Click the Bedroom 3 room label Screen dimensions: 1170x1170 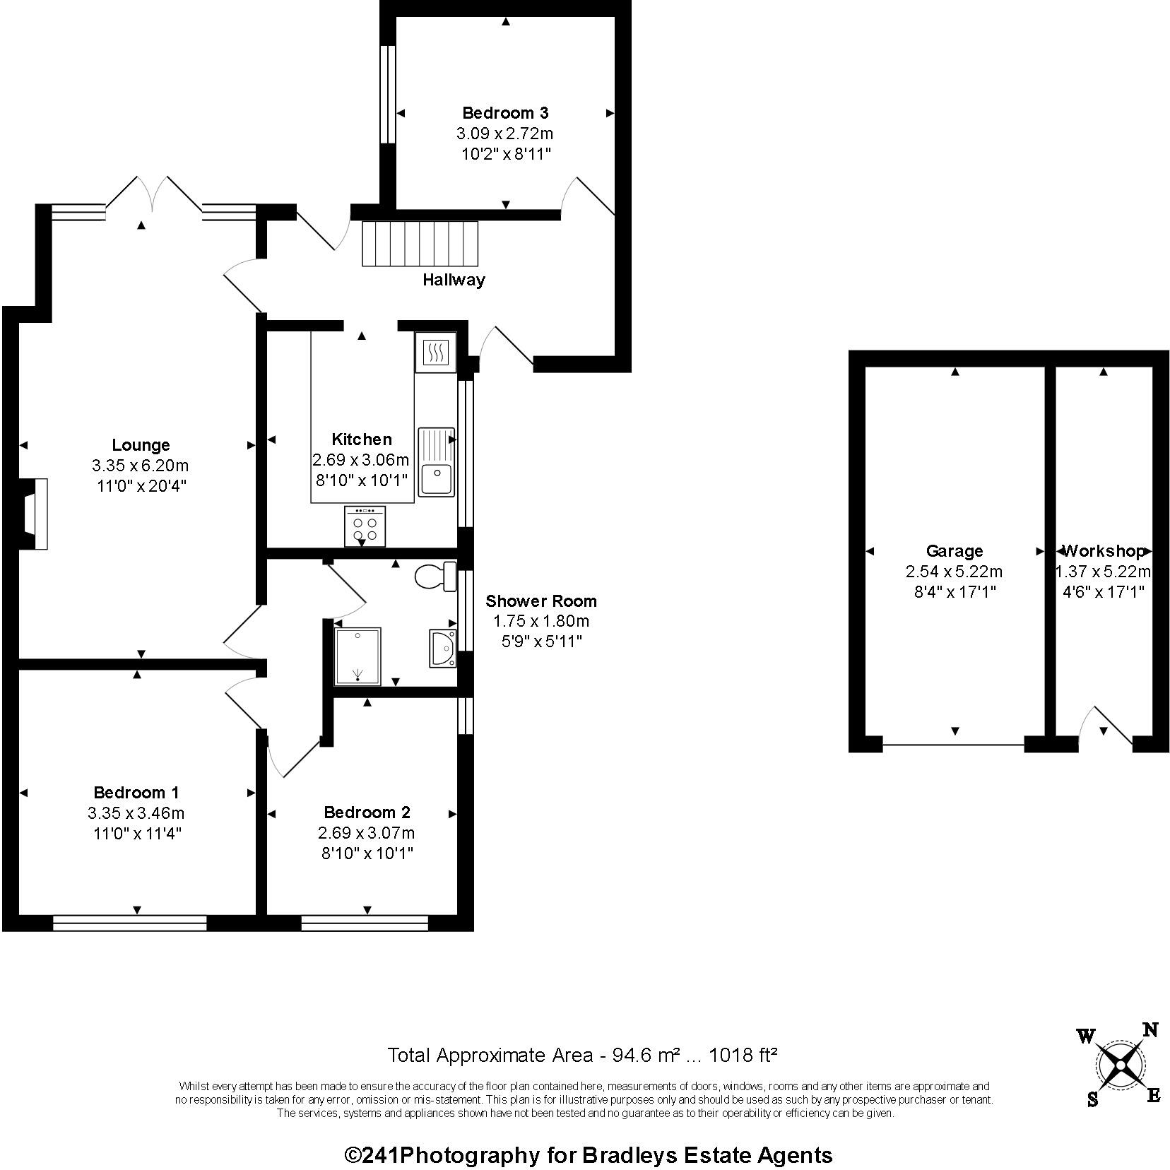505,112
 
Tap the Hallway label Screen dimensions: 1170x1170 454,280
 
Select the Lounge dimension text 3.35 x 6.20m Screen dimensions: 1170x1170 140,466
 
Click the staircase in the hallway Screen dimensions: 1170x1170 420,244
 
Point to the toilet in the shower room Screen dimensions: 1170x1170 437,577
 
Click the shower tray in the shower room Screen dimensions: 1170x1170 358,656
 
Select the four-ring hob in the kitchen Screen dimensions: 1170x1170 365,526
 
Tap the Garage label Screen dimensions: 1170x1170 955,551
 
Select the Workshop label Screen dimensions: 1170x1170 1104,551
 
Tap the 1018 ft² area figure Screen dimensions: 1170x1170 743,1056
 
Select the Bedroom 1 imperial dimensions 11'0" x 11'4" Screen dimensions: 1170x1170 138,834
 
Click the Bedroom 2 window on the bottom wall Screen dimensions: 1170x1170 365,923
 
